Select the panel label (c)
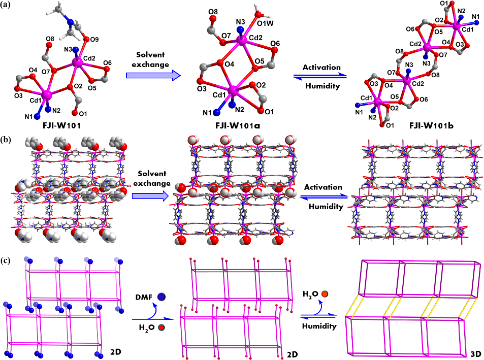pos(9,261)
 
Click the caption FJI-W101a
pos(233,123)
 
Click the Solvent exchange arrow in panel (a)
pos(153,75)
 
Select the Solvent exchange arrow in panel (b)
pos(150,196)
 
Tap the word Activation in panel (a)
pos(322,67)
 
